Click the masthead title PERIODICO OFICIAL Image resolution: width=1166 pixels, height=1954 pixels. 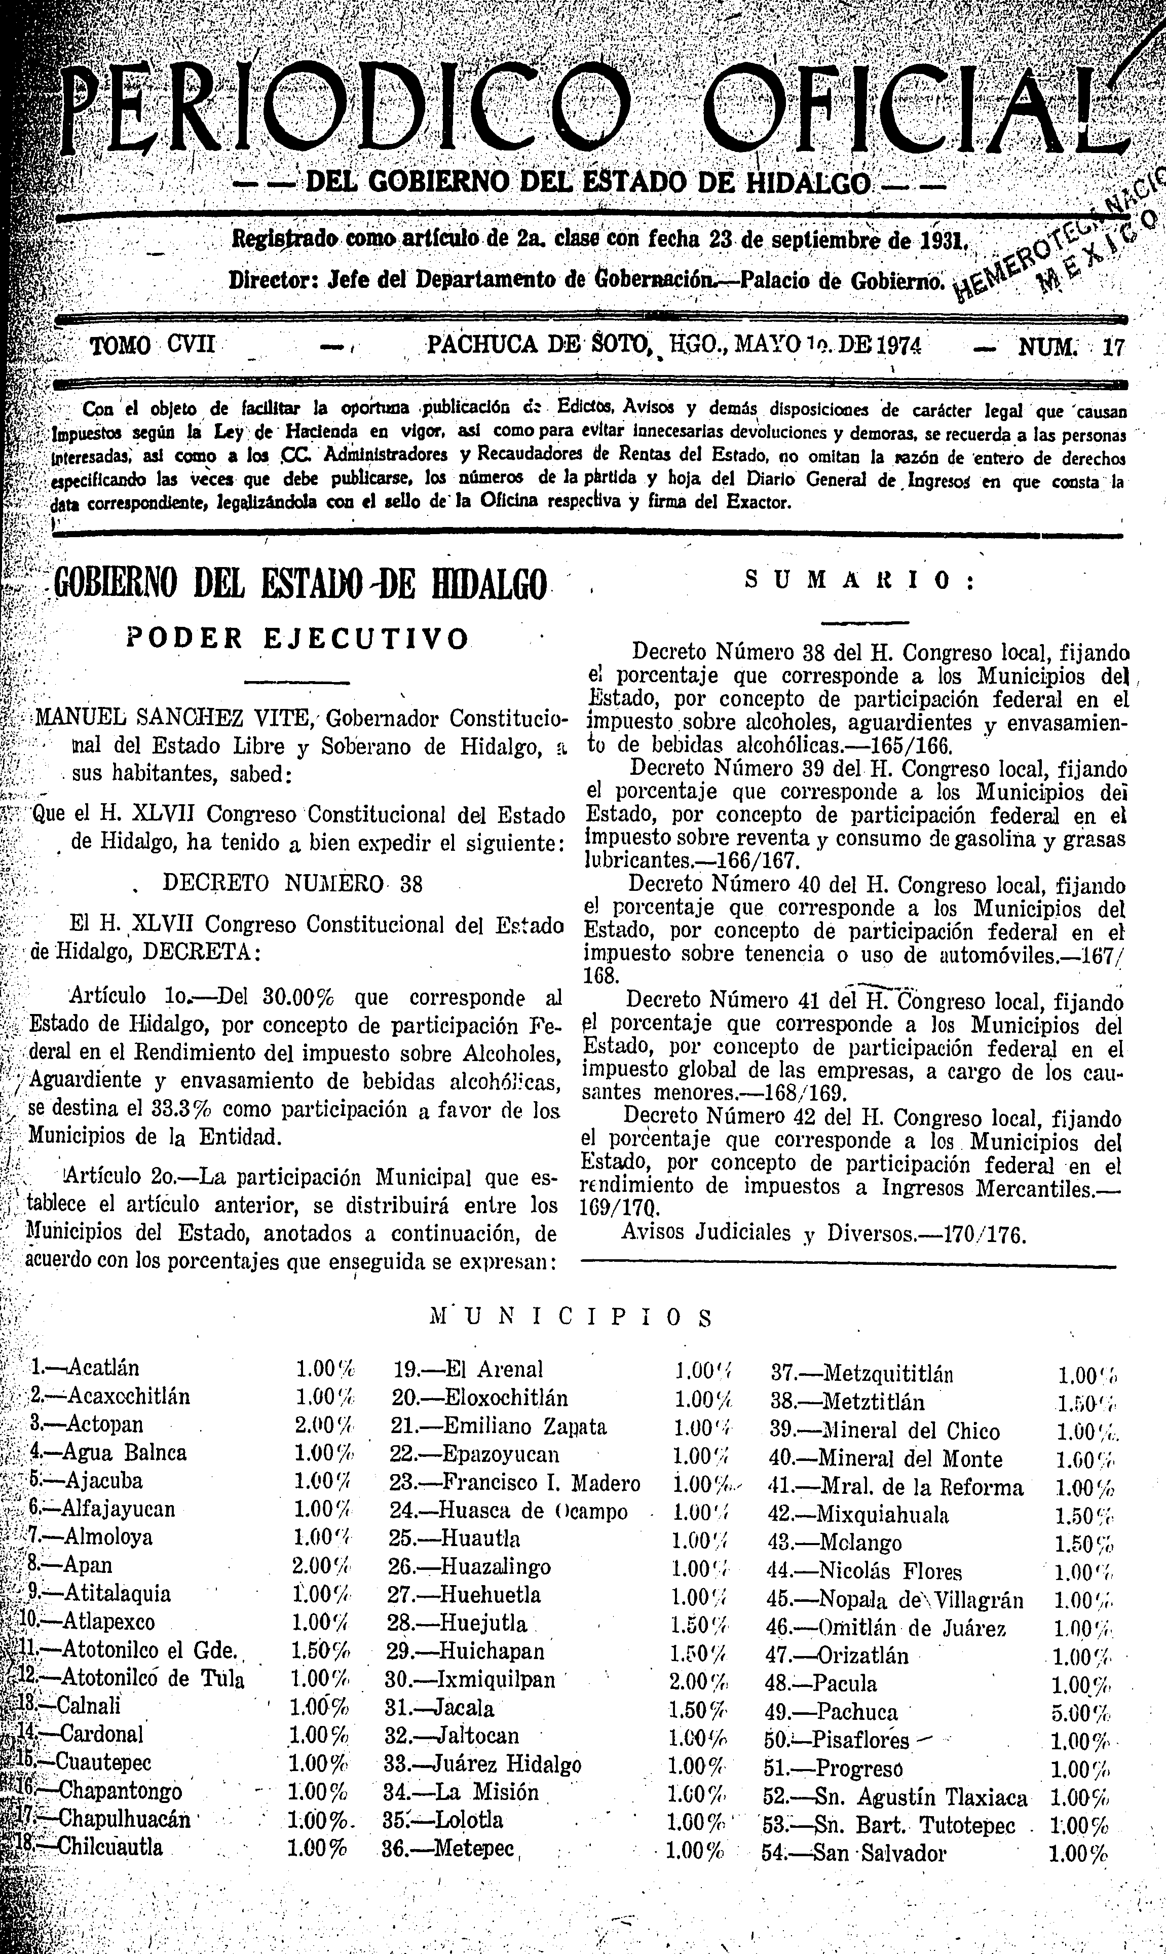[597, 110]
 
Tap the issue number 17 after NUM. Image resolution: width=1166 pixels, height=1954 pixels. [1113, 347]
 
